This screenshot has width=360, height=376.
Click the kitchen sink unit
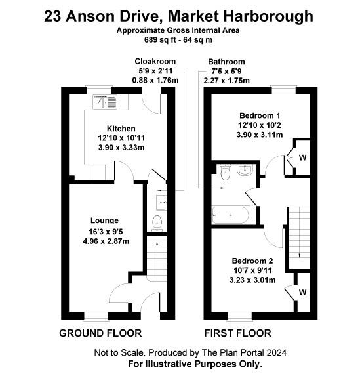(105, 102)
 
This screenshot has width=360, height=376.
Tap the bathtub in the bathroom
(231, 215)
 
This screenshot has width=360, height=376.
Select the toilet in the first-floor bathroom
(226, 172)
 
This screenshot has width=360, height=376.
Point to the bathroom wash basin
(245, 170)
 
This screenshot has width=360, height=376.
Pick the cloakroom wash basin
(161, 202)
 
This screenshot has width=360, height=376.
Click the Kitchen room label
(121, 129)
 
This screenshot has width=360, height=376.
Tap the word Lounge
(104, 220)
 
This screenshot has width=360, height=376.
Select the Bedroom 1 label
(260, 115)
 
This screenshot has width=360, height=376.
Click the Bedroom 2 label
(252, 261)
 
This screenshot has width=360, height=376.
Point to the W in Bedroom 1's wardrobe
(302, 157)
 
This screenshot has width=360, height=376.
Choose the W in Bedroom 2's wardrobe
(302, 292)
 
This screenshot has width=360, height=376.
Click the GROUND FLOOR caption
(100, 333)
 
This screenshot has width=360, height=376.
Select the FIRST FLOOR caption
(238, 333)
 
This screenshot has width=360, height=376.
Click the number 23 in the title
(52, 16)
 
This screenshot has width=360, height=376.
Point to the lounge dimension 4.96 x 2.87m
(106, 241)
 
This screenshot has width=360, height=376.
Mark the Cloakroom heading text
(155, 62)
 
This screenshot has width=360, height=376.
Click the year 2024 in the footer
(277, 353)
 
